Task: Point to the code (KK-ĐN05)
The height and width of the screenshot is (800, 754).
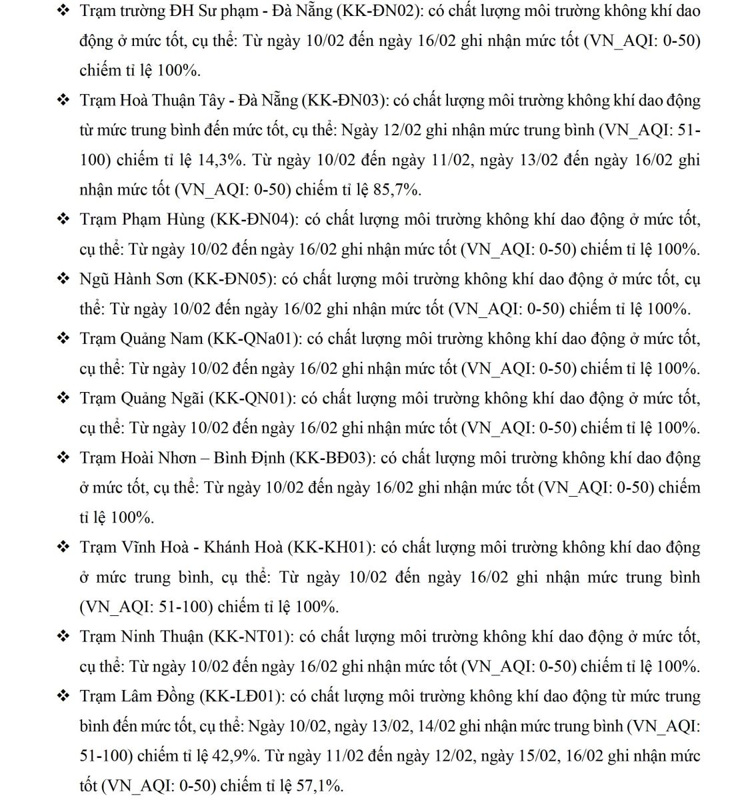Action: coord(231,279)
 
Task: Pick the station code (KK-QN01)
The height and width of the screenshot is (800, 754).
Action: coord(252,399)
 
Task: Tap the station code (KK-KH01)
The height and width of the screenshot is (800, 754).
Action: coord(331,547)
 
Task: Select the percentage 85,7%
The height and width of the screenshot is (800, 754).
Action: coord(397,190)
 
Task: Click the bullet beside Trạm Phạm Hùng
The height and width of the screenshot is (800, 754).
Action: coord(63,219)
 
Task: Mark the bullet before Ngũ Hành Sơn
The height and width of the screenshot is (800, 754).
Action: coord(63,279)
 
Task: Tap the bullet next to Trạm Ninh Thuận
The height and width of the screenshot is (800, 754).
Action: coord(63,637)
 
